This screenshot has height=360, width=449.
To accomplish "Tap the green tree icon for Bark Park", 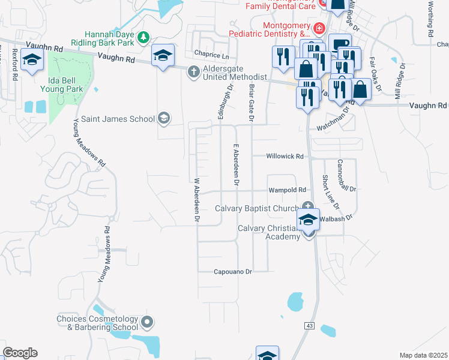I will (143, 38).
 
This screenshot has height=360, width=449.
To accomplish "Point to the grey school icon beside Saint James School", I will (163, 118).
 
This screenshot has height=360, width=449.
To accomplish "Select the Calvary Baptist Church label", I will (258, 209).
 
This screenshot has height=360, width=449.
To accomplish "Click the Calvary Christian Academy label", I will (268, 232).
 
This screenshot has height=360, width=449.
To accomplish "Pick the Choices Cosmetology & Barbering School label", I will (97, 323).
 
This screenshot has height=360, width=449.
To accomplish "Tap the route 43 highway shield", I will (310, 325).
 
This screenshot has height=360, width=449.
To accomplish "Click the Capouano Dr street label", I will (232, 272).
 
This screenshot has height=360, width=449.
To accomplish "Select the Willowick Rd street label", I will (285, 156).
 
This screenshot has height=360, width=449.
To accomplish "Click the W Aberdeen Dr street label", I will (196, 200).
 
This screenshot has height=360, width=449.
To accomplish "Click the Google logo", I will (20, 353).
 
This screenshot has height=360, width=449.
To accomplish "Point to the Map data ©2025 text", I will (423, 355).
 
